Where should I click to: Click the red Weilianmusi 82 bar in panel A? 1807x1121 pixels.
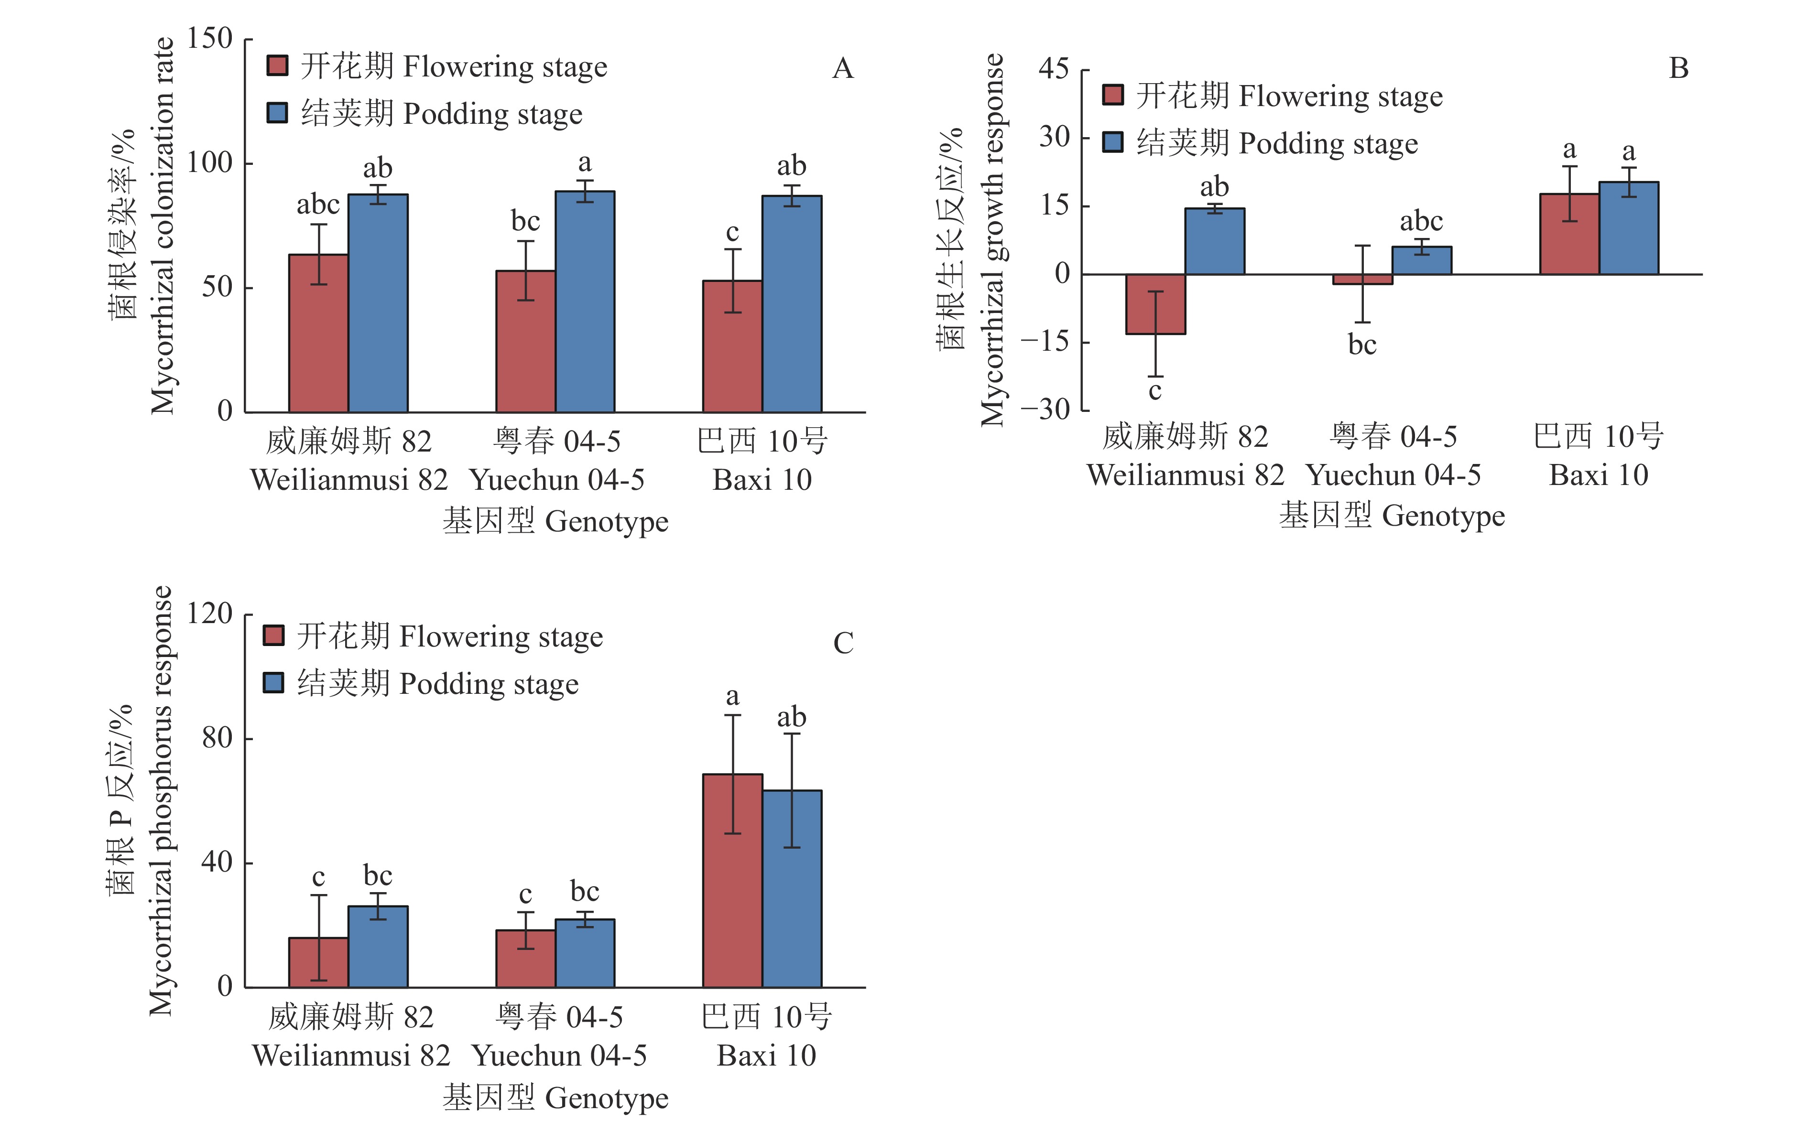click(x=318, y=333)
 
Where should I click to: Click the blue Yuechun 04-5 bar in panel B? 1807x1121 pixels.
click(x=1421, y=260)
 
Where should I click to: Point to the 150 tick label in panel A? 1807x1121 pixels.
click(x=209, y=39)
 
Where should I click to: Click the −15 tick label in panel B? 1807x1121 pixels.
click(x=1044, y=342)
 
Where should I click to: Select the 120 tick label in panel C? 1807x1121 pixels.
click(x=209, y=614)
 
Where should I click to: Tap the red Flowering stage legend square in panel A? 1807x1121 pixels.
click(x=277, y=66)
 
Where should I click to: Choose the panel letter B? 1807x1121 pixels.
click(x=1678, y=68)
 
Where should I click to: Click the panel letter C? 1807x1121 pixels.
click(x=843, y=643)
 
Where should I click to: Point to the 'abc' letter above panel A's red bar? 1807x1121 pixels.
click(x=318, y=205)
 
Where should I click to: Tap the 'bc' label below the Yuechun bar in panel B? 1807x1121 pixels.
click(x=1361, y=345)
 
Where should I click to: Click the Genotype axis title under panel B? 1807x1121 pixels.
click(x=1392, y=515)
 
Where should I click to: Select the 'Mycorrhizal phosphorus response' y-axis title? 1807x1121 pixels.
click(x=161, y=801)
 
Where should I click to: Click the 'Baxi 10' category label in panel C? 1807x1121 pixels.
click(x=766, y=1055)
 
